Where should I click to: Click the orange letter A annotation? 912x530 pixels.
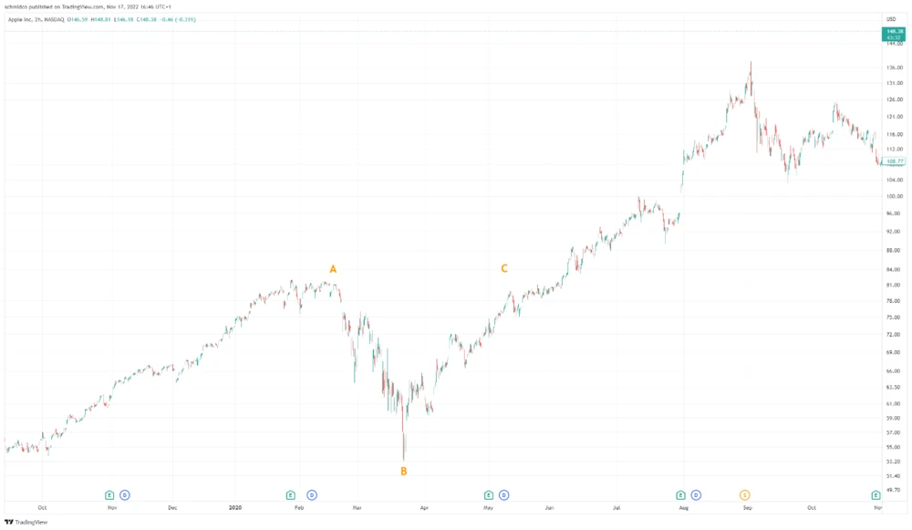pos(333,269)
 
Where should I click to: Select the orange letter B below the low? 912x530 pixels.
pos(404,472)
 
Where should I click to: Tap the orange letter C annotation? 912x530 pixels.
pos(503,268)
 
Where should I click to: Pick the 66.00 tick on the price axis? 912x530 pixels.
pos(893,370)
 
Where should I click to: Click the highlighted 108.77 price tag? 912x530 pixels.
pos(894,161)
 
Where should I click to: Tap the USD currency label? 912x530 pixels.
pos(891,19)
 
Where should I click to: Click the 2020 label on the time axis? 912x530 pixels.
pos(235,507)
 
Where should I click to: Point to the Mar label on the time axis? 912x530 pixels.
pos(358,507)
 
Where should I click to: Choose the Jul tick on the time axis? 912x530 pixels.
pos(617,507)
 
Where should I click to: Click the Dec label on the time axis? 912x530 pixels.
pos(172,507)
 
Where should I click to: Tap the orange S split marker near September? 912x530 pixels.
pos(745,495)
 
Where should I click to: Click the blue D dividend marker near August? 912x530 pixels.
pos(696,495)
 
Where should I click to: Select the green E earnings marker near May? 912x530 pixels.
pos(489,495)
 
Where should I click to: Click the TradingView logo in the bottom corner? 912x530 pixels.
pos(26,522)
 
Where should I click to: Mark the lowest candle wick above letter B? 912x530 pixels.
pos(403,459)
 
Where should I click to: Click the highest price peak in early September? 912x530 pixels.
pos(751,63)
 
